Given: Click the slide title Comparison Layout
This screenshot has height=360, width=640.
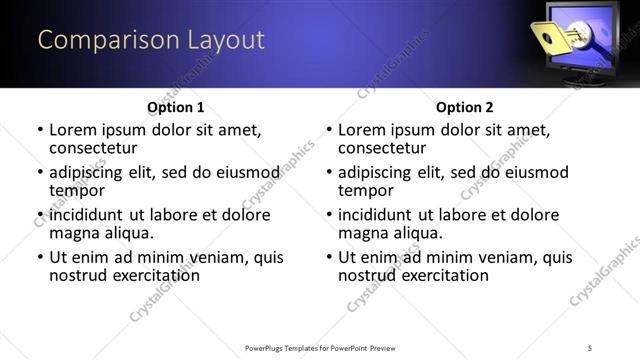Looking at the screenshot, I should click(151, 40).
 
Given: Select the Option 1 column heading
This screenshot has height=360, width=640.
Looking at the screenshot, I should click(175, 107).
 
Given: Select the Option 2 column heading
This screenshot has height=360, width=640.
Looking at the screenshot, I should click(464, 107).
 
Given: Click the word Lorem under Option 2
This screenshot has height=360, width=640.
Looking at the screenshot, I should click(362, 130).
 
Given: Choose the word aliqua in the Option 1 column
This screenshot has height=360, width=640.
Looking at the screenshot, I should click(127, 233).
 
